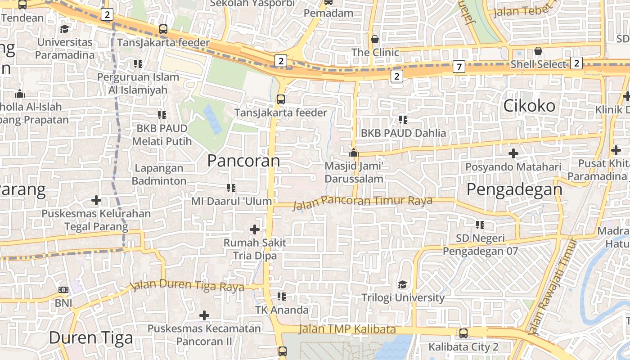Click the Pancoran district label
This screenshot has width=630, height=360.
pos(243,161)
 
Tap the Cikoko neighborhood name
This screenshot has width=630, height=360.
pos(529,106)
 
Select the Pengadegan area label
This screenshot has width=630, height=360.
pos(514,189)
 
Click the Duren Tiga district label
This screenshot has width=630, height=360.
pos(91,337)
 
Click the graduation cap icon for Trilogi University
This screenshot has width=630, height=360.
pos(402,284)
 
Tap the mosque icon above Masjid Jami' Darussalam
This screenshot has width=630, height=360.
pos(354,153)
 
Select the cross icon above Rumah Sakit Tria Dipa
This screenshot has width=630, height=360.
pos(255,229)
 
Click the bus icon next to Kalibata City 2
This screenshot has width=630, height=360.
pos(463,333)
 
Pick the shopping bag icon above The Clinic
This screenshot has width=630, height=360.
pos(375,39)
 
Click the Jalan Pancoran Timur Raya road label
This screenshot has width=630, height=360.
pos(362,202)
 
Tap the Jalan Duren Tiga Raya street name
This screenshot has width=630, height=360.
pos(187,286)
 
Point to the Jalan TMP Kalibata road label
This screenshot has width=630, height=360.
pos(347,329)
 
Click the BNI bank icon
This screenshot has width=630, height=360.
pos(63,290)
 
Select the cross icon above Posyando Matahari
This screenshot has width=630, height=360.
pos(513,153)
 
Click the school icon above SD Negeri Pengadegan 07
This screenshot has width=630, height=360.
pos(480,225)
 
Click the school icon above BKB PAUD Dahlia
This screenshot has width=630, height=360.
pos(403,120)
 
